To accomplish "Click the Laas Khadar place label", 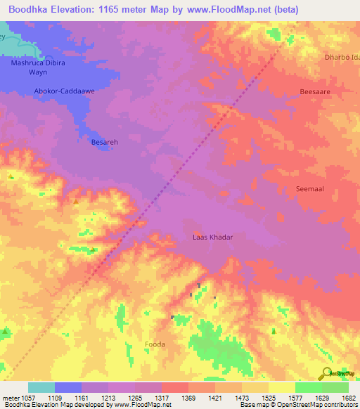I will (x=212, y=237).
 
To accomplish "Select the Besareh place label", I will (x=104, y=142).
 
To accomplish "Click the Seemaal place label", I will (x=309, y=188).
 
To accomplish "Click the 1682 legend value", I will (x=348, y=398).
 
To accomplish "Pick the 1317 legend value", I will (x=162, y=398).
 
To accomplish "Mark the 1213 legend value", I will (x=108, y=398).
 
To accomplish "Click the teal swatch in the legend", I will (x=41, y=387).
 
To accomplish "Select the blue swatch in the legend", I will (x=67, y=387).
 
